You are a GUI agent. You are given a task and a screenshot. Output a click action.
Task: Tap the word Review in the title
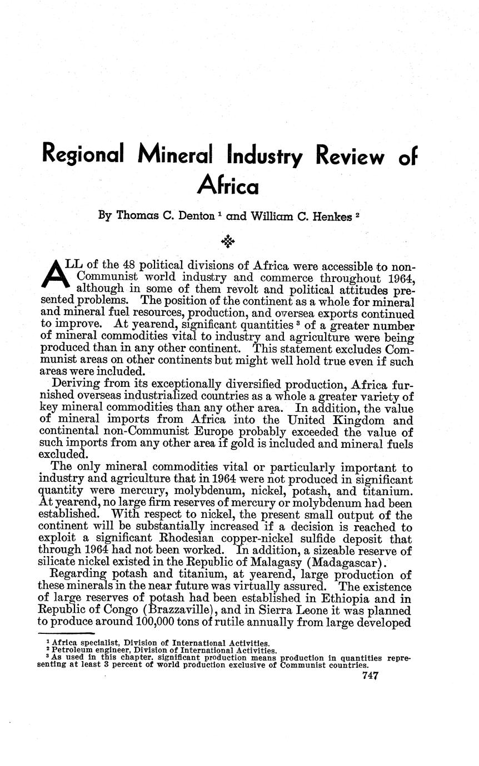pos(349,156)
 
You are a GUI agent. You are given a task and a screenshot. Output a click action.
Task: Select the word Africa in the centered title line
pos(228,185)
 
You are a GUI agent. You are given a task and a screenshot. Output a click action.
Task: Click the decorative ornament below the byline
pos(228,241)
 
